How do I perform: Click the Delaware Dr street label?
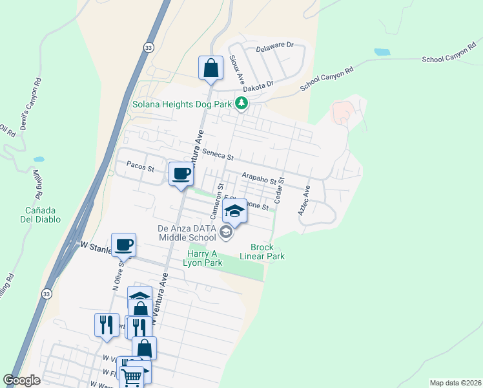pos(274,46)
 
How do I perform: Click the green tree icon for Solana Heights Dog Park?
pos(241,103)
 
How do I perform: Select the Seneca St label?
pos(217,154)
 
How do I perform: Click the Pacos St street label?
pos(141,169)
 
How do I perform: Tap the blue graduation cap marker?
pos(234,212)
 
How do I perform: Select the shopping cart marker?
pos(132,376)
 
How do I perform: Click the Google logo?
pos(21,380)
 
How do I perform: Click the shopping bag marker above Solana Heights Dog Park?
pos(211,68)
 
